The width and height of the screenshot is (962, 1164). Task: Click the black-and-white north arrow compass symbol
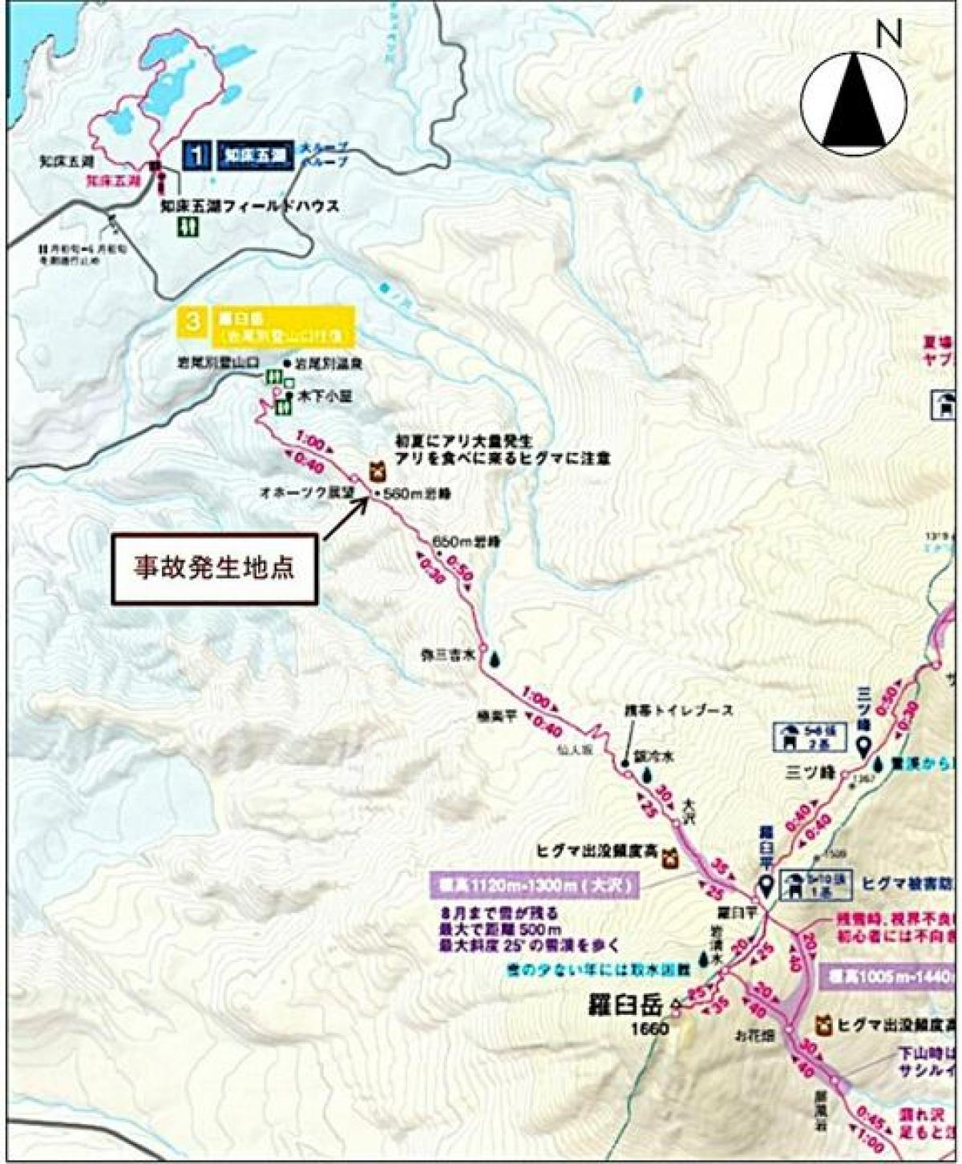tap(853, 101)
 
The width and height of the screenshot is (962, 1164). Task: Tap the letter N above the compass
tap(888, 34)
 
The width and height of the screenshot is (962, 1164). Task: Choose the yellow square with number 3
tap(192, 322)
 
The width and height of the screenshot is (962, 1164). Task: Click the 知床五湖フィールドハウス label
tap(249, 206)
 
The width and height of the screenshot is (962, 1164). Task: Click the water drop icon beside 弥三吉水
tap(496, 657)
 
